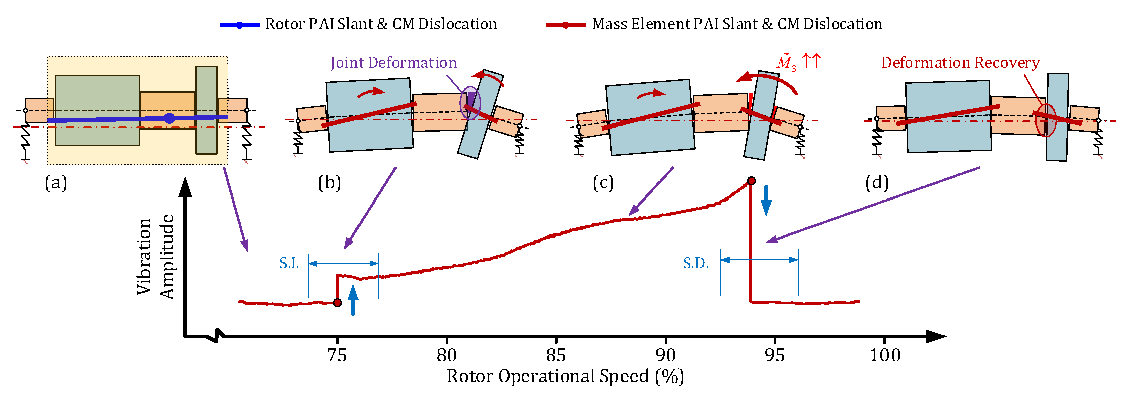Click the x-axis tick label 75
(x=337, y=355)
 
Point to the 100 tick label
(x=885, y=355)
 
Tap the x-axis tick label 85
(x=556, y=355)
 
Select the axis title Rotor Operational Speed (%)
(x=565, y=376)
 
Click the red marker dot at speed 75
(x=337, y=302)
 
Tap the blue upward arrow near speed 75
(x=353, y=299)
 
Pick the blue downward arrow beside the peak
(x=766, y=201)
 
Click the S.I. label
(x=289, y=263)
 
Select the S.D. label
(x=696, y=263)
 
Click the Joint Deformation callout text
(x=393, y=63)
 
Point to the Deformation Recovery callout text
(x=960, y=63)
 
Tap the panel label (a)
(x=56, y=183)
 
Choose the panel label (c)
(x=603, y=183)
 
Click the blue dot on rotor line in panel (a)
(x=169, y=118)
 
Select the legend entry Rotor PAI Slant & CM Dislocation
(x=381, y=24)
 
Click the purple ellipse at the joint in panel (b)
(x=470, y=103)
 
